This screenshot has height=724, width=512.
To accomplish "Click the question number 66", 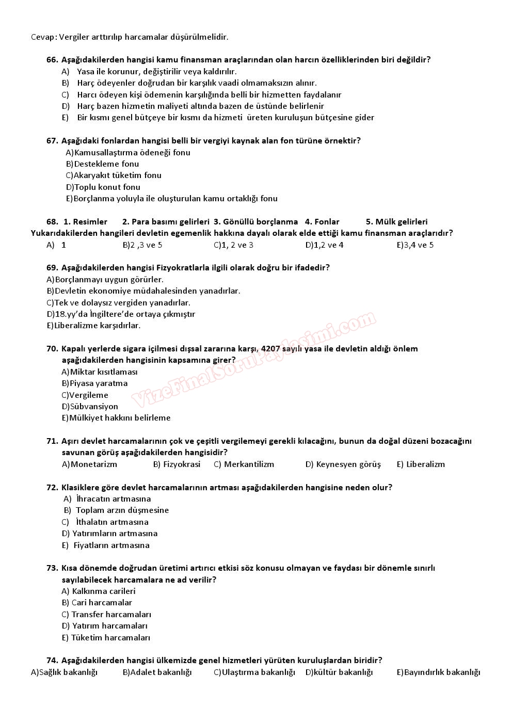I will tap(52, 60).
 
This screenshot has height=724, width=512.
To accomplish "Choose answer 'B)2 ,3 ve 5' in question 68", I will tap(142, 245).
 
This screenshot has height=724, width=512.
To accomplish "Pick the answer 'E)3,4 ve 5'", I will tap(415, 245).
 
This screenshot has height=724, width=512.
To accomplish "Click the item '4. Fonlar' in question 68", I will tap(322, 222).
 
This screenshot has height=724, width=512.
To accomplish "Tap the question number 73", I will tap(52, 568).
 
